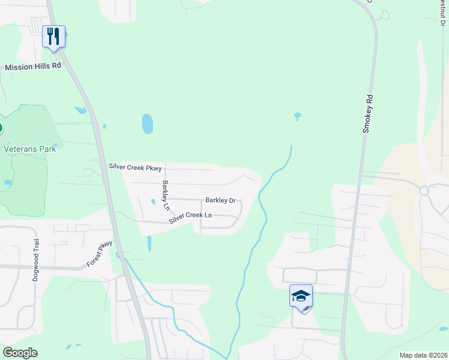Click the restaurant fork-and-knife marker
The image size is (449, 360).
[x=54, y=37]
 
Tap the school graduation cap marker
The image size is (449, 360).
[x=301, y=296]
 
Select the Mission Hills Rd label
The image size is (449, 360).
[x=33, y=67]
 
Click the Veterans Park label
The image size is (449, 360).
[x=29, y=149]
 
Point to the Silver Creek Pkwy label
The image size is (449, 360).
[x=136, y=167]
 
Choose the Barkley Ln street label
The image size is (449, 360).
[x=165, y=194]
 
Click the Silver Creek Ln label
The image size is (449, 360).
[x=190, y=218]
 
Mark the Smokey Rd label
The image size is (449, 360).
[x=368, y=113]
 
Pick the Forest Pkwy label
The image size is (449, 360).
[x=100, y=254]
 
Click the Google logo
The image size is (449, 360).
[x=20, y=353]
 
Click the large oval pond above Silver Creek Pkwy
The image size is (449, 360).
[x=147, y=124]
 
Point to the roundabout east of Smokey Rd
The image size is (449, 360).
[x=424, y=191]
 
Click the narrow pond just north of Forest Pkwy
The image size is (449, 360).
[x=149, y=243]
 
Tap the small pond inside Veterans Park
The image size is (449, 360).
[x=8, y=182]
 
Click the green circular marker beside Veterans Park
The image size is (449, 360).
[x=1, y=128]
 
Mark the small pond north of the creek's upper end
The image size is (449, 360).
[x=297, y=115]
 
